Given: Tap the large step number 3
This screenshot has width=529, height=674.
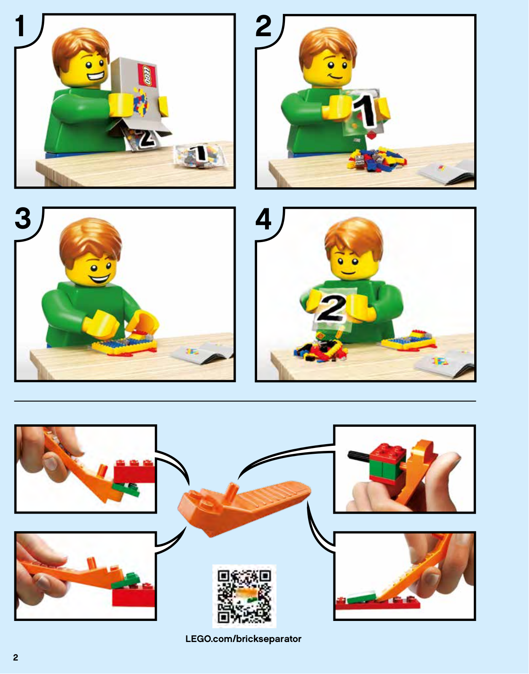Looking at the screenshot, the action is (x=23, y=218).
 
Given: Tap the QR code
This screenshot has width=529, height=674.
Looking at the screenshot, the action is (x=244, y=597).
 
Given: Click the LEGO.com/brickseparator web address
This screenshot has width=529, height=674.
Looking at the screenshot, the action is (x=243, y=639).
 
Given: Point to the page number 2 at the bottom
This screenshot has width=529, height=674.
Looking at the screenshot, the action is (x=16, y=657).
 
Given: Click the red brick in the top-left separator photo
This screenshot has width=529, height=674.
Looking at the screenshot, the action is (x=134, y=472).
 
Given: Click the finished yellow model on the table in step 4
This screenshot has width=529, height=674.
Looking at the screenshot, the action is (x=408, y=340).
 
